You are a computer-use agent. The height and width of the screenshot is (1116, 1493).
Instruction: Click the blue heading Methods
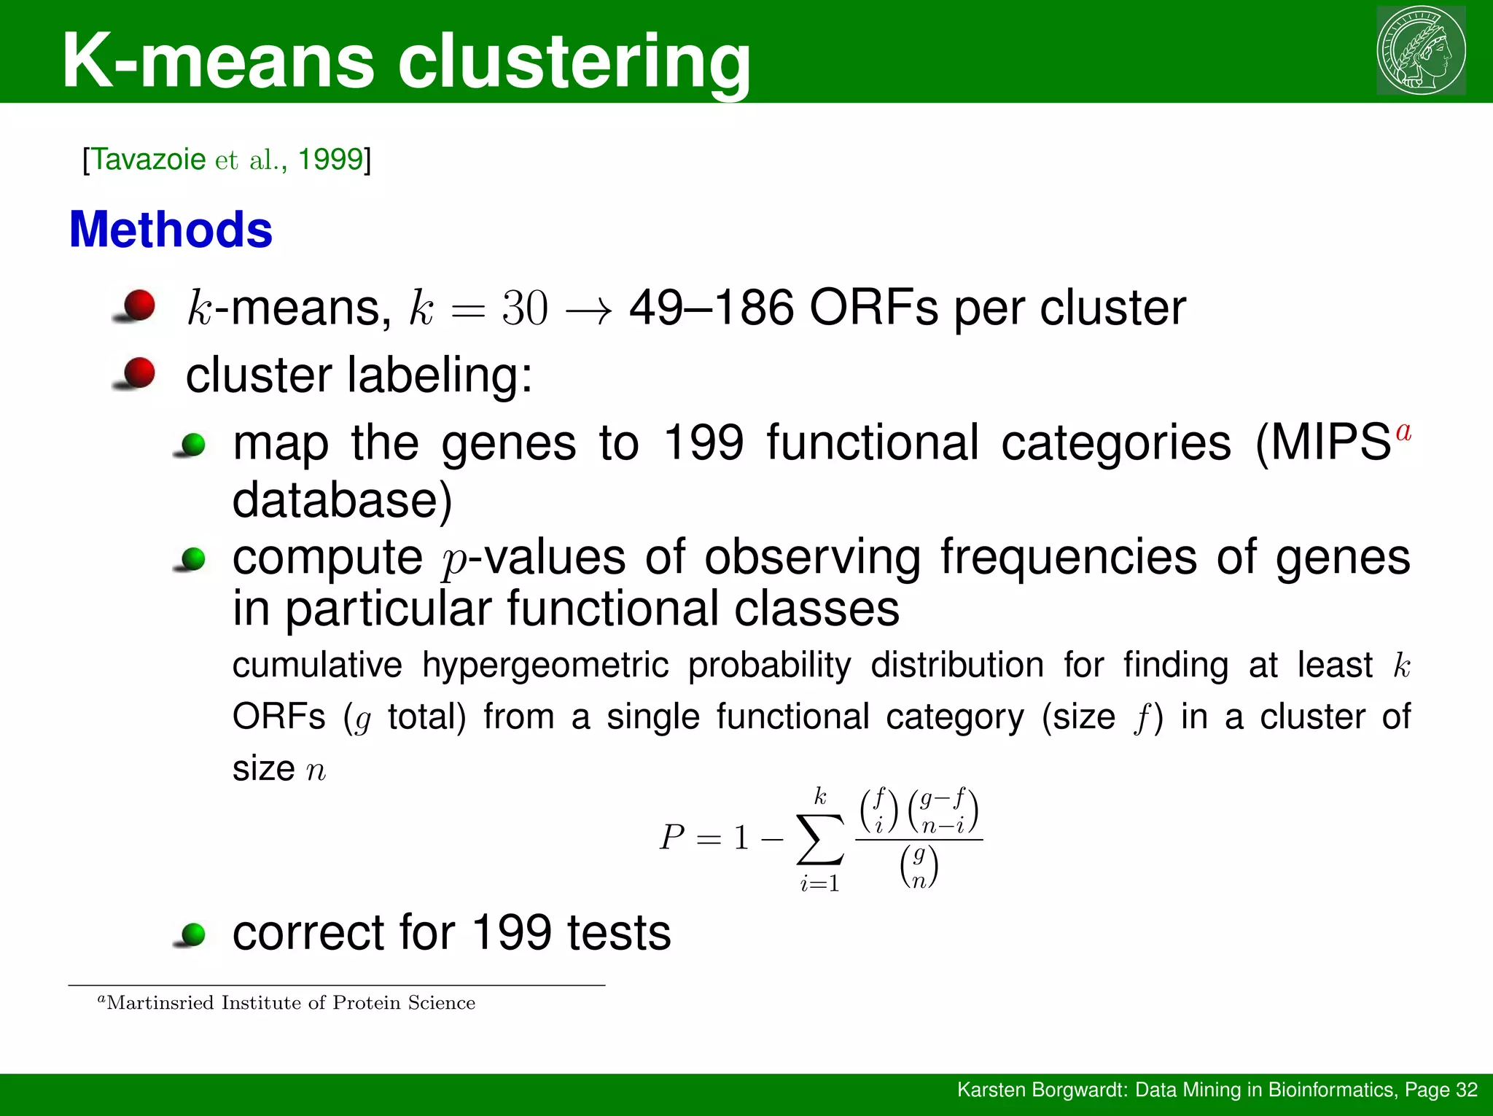171,230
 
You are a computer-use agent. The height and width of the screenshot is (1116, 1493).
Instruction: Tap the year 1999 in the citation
330,159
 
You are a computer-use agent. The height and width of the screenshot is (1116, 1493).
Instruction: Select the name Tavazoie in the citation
148,159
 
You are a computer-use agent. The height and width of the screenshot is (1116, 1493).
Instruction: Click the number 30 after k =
524,308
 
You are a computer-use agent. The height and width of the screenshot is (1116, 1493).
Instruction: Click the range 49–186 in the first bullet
711,308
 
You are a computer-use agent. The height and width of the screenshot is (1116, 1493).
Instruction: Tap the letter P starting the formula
672,837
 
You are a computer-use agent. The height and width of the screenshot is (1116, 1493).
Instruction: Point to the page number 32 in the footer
1466,1090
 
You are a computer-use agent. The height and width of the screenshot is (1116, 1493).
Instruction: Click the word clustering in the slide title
574,61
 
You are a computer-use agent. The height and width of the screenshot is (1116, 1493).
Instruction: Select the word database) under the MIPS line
342,500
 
